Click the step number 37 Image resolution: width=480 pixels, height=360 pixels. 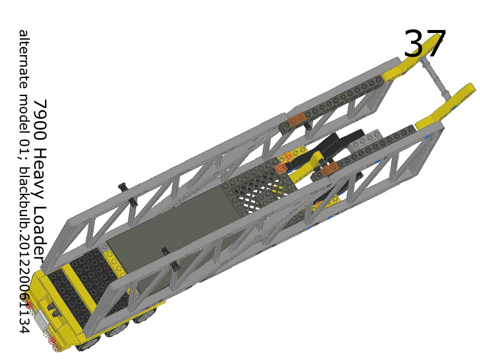tap(425, 44)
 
